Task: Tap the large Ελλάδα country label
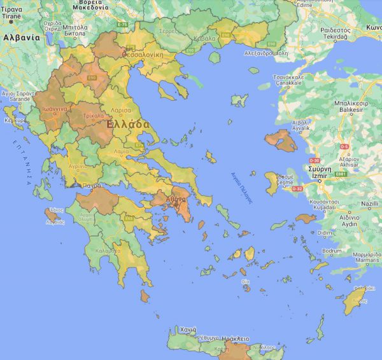click(x=129, y=124)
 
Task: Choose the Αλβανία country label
click(x=21, y=38)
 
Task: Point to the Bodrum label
click(x=332, y=251)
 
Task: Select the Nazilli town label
click(x=370, y=204)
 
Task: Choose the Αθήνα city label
click(x=174, y=198)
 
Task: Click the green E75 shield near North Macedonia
click(x=123, y=24)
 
